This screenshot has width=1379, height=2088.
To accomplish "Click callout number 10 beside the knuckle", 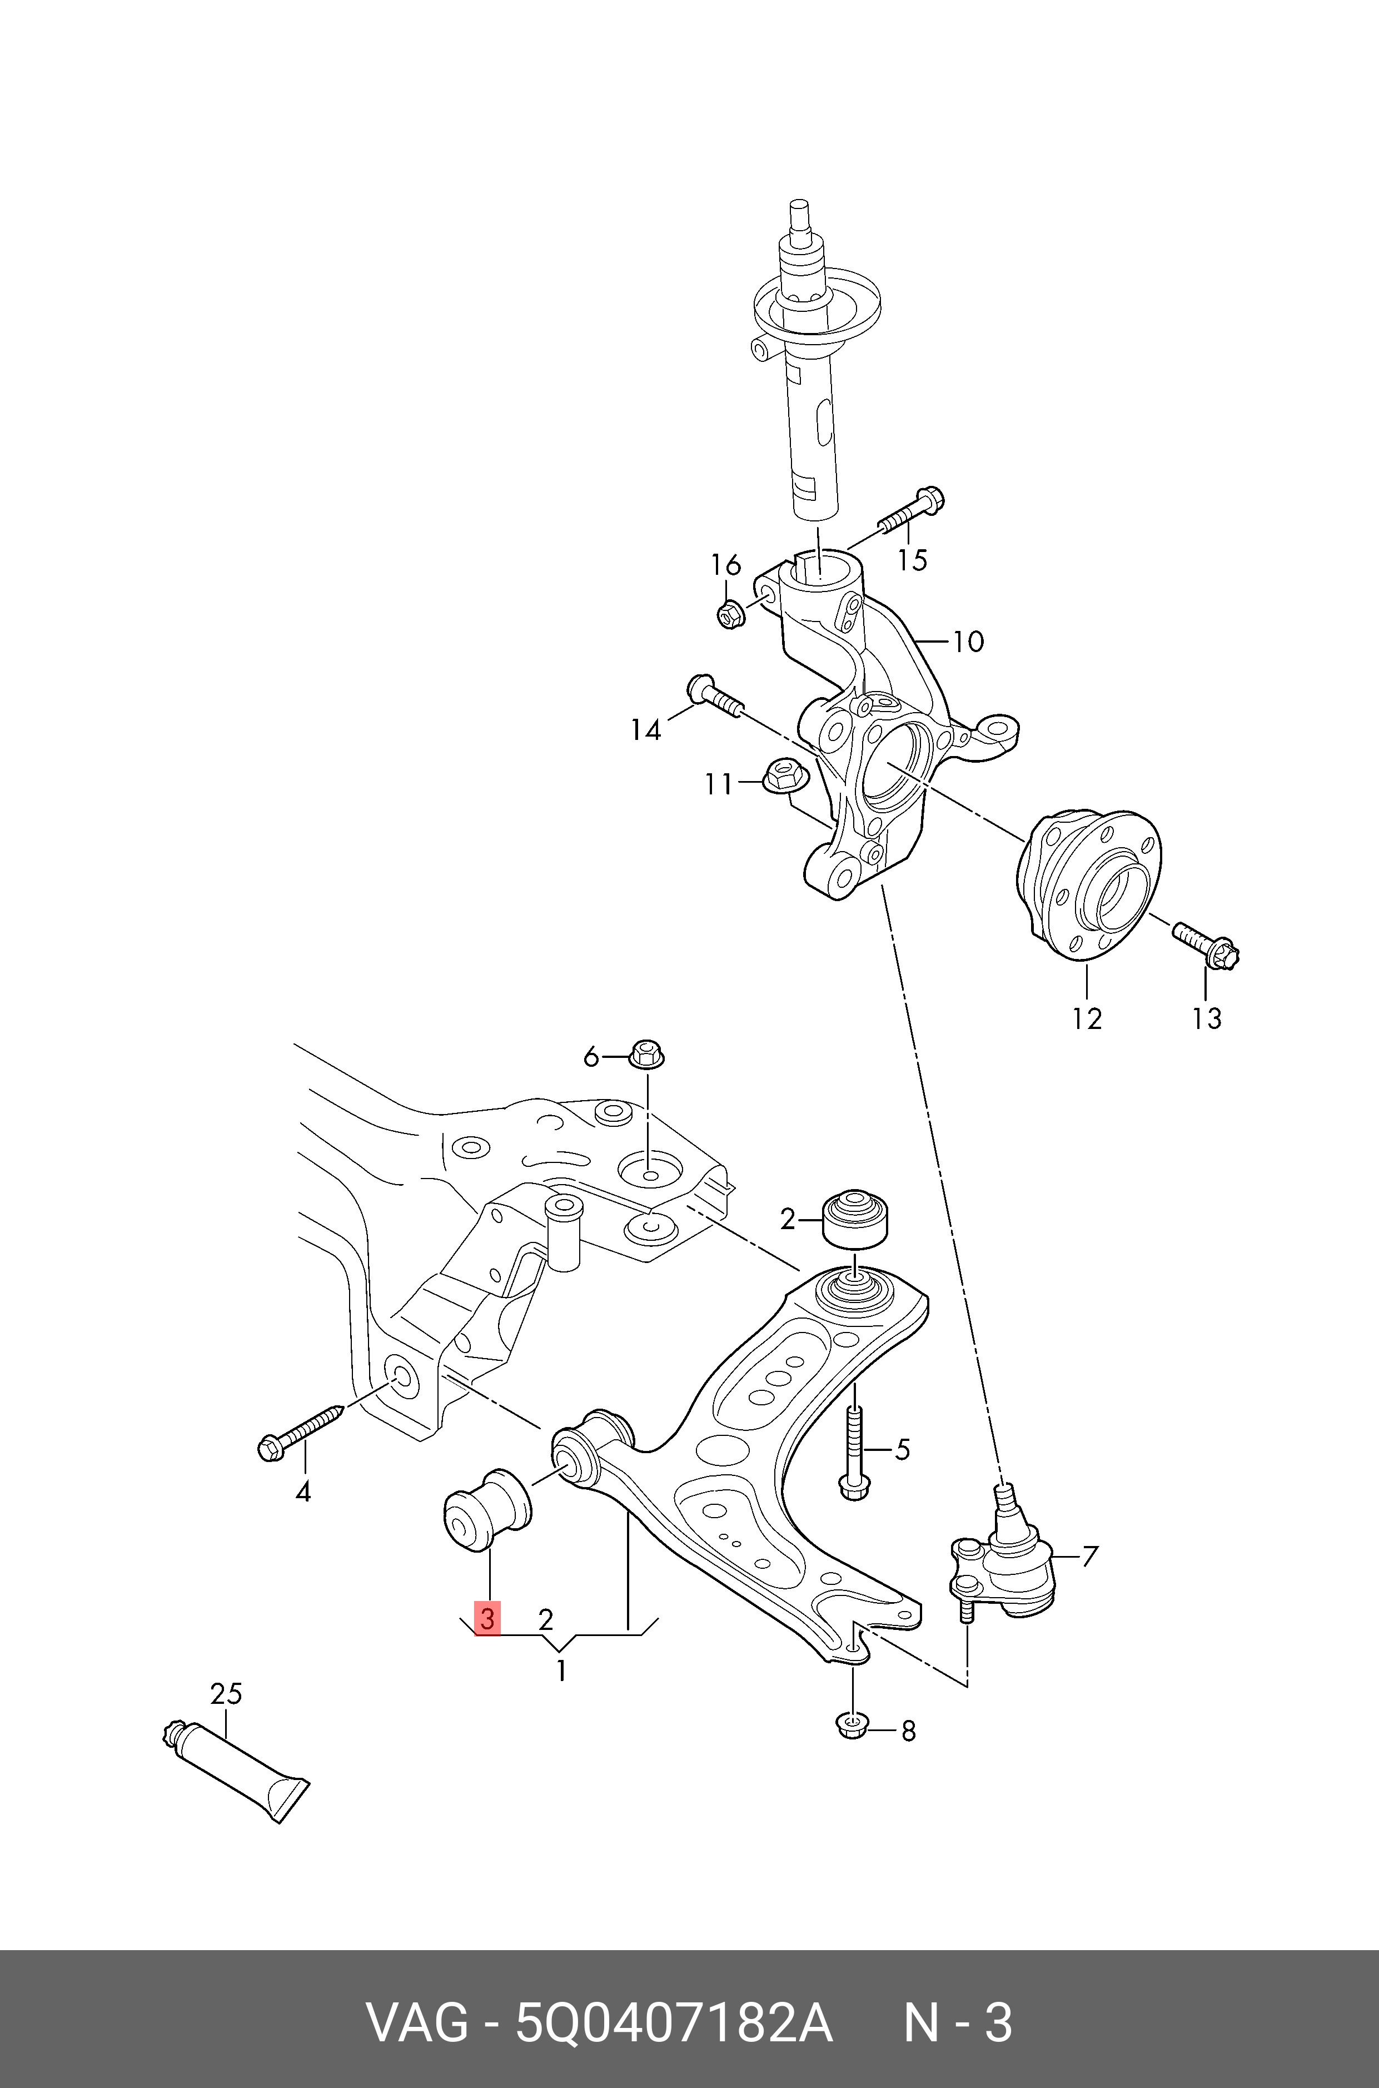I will click(x=967, y=641).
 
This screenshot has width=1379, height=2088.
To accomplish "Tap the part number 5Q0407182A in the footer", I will click(x=673, y=2024).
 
